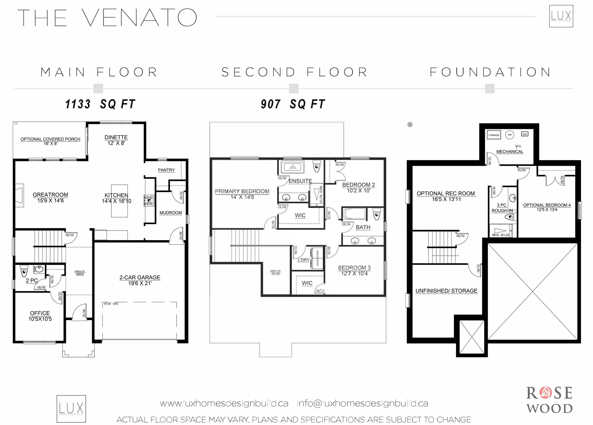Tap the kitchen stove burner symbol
149,200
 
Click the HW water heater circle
509,135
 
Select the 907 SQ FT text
293,104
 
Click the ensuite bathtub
292,167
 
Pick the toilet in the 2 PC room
24,272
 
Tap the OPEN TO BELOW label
275,272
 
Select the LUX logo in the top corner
561,16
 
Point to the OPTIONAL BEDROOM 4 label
547,205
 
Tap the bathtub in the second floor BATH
354,214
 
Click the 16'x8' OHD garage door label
111,304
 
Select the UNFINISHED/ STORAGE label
446,291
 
